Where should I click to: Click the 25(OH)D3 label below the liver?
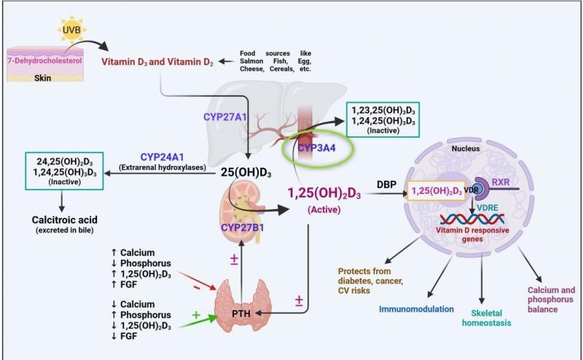click(x=248, y=173)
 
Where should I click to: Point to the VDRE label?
click(x=488, y=206)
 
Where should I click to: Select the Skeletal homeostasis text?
click(x=483, y=318)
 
